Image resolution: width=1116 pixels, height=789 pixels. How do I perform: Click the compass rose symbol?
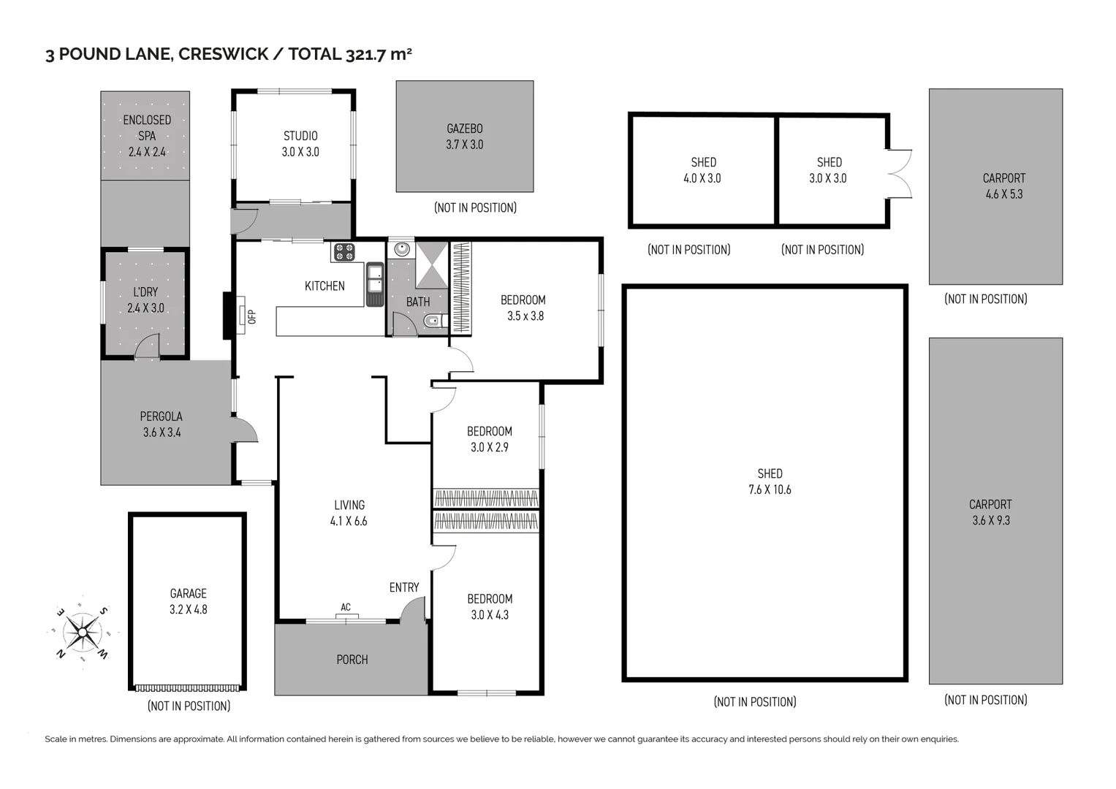(x=83, y=633)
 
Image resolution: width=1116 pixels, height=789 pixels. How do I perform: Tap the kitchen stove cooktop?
(x=344, y=251)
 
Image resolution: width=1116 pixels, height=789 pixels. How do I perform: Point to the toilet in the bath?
(x=435, y=321)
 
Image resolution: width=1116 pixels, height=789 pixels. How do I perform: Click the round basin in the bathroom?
(x=401, y=248)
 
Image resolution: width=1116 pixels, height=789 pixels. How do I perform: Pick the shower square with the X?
(x=432, y=265)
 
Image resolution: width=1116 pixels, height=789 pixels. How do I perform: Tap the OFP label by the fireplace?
(x=252, y=317)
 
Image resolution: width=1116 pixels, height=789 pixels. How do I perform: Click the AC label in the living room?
(x=346, y=607)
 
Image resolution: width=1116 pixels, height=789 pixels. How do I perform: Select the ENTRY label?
(x=404, y=588)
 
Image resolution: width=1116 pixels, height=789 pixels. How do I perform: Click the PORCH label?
(x=352, y=660)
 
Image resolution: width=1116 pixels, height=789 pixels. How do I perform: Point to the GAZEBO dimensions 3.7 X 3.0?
(x=464, y=145)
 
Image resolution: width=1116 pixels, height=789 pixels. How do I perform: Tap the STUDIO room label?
(x=300, y=136)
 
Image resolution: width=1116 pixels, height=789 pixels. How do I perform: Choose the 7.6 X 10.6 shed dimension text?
(x=770, y=489)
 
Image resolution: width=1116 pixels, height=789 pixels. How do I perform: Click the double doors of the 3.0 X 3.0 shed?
(x=900, y=174)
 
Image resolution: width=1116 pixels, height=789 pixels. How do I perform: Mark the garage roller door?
(x=187, y=688)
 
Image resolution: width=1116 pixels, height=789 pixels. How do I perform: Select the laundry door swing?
(x=147, y=346)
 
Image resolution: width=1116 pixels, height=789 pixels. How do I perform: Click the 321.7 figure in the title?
(x=365, y=54)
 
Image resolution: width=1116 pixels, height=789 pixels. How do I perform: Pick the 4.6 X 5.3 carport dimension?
(x=1004, y=194)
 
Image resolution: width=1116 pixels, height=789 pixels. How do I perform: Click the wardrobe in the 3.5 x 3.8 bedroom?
(x=461, y=287)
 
